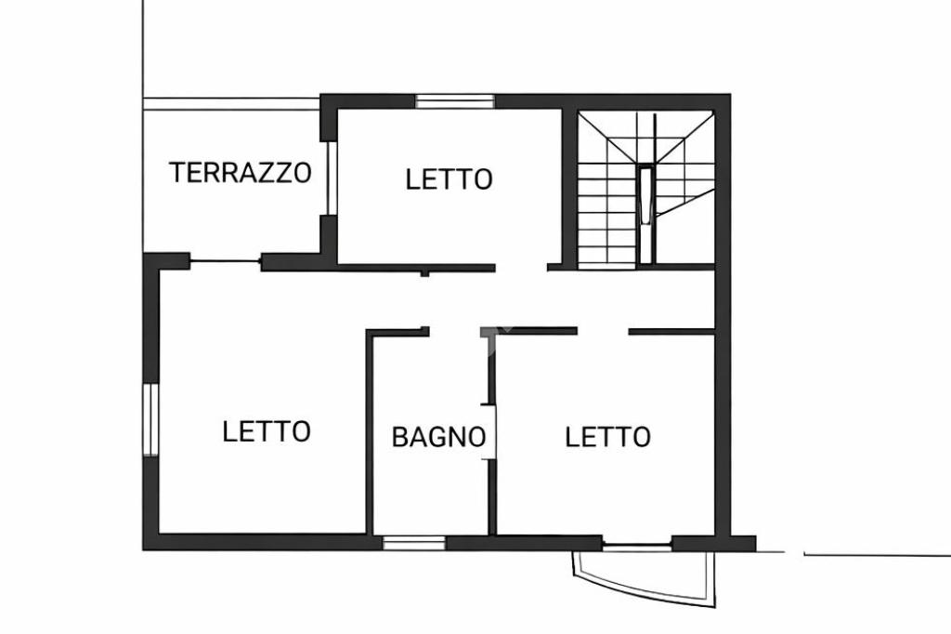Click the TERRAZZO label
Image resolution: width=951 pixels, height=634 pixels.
(x=240, y=173)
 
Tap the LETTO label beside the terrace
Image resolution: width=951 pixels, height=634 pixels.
(x=449, y=178)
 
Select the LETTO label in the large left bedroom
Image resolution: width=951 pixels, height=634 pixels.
(x=267, y=431)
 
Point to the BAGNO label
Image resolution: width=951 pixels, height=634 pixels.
(x=438, y=436)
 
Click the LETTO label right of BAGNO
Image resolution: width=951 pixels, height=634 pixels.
(x=607, y=436)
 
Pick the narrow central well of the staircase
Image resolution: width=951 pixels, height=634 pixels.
(x=645, y=194)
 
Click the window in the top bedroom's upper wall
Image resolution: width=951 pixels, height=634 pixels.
(x=453, y=101)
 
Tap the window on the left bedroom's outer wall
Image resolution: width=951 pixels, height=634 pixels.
(x=150, y=419)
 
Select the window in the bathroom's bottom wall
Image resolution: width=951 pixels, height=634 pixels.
(x=414, y=543)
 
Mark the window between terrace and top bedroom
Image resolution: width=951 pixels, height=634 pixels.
(x=330, y=178)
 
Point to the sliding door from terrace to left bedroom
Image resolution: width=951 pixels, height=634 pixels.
(x=226, y=262)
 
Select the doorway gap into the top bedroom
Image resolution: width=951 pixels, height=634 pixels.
(x=521, y=268)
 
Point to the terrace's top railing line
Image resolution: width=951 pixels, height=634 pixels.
(x=231, y=103)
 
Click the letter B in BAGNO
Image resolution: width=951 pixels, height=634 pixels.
(x=399, y=436)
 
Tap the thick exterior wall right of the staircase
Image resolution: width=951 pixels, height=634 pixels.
(x=723, y=186)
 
